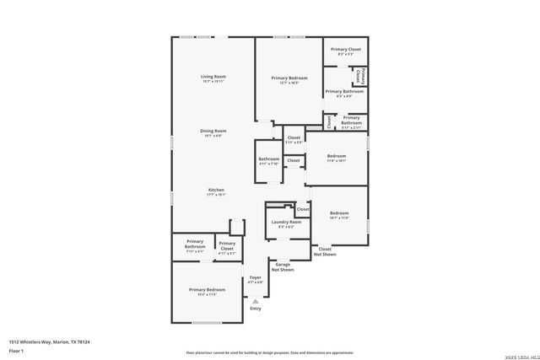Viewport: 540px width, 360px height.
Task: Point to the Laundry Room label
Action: pyautogui.click(x=282, y=223)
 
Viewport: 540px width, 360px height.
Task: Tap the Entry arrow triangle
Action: pyautogui.click(x=256, y=300)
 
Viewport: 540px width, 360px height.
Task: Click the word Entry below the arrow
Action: pyautogui.click(x=256, y=309)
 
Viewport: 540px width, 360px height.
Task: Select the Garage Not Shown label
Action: pyautogui.click(x=282, y=267)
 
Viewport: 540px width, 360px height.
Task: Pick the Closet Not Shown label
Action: pyautogui.click(x=325, y=251)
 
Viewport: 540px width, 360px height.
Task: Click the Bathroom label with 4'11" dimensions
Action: pyautogui.click(x=269, y=161)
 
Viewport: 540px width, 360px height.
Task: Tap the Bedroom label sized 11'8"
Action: pyautogui.click(x=337, y=159)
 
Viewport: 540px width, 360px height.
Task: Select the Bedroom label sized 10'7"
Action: pyautogui.click(x=339, y=215)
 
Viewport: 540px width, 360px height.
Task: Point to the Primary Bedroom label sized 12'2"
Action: pyautogui.click(x=207, y=292)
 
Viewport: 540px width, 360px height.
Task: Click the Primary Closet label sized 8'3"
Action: pyautogui.click(x=345, y=51)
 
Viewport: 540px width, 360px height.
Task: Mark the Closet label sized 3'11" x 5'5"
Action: pyautogui.click(x=294, y=140)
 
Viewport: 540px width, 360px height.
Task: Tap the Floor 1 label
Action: pyautogui.click(x=17, y=351)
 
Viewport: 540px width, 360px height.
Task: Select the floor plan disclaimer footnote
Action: pyautogui.click(x=270, y=352)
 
